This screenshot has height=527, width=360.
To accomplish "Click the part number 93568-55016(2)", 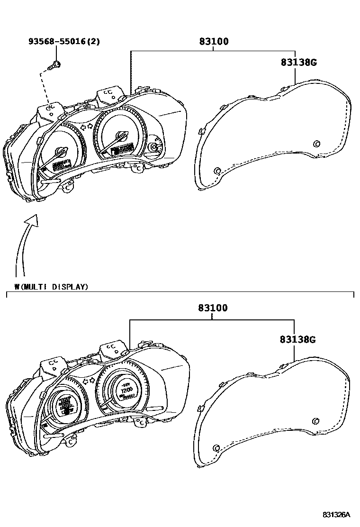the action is click(63, 42).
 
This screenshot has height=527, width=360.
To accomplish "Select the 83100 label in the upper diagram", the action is click(213, 42).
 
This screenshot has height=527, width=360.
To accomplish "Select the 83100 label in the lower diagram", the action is click(213, 309).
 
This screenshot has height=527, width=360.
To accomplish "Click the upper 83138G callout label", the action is click(298, 62).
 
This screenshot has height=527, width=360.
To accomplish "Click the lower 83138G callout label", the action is click(297, 339).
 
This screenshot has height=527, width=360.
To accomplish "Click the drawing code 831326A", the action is click(336, 515).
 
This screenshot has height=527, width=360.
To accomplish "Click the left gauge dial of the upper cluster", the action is click(60, 154).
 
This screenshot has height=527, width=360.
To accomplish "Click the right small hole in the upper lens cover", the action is click(316, 144).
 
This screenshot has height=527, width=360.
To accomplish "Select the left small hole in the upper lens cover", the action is click(217, 171).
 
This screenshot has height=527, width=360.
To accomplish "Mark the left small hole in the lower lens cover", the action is click(216, 448).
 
